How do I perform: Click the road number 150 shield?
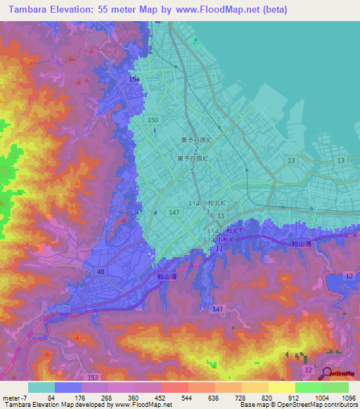click(x=153, y=121)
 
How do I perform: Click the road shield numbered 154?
click(x=134, y=80)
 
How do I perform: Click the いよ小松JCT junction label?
click(x=225, y=231)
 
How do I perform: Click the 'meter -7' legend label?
click(x=15, y=397)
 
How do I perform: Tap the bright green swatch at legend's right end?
click(x=335, y=387)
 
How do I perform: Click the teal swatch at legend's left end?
click(x=41, y=387)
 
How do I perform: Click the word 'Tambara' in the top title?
click(x=31, y=10)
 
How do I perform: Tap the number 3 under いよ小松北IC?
click(x=207, y=212)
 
